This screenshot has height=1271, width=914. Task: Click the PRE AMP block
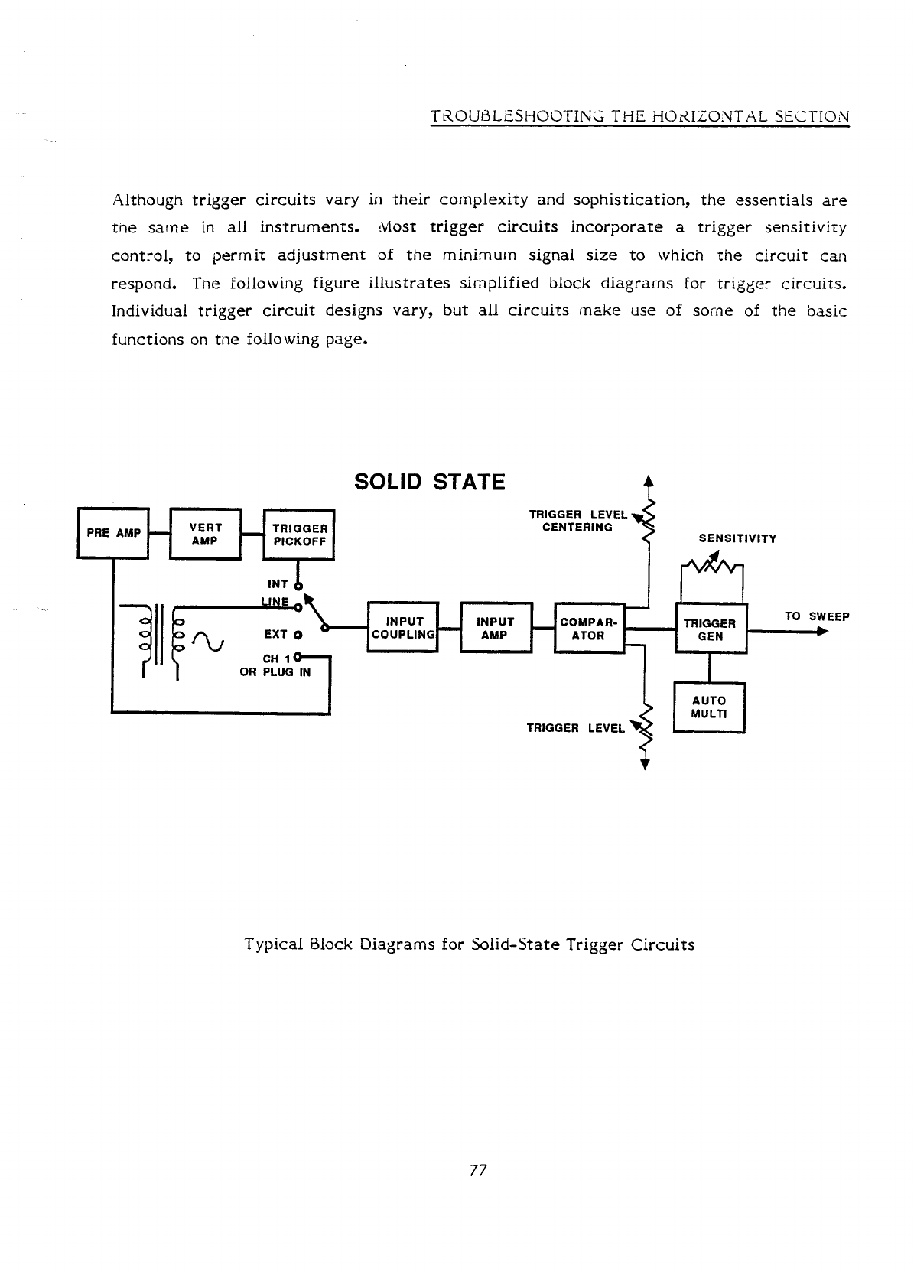tap(113, 533)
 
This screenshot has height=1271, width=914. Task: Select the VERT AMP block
tap(205, 534)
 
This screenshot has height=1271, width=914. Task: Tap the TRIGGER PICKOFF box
tap(299, 534)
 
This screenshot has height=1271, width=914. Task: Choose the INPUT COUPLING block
tap(402, 628)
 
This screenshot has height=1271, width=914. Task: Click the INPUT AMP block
tap(495, 628)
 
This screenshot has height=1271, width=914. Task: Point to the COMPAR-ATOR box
tap(588, 628)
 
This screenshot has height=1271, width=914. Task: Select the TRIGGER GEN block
tap(711, 629)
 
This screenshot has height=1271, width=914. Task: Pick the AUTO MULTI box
tap(709, 707)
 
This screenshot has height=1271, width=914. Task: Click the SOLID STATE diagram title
tap(430, 483)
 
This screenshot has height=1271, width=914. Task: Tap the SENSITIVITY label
tap(737, 538)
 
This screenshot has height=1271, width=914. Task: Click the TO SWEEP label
tap(817, 616)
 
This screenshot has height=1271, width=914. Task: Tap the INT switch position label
tap(277, 584)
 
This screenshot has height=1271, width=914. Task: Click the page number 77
tap(478, 1170)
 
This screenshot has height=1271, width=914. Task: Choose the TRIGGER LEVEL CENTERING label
tap(577, 521)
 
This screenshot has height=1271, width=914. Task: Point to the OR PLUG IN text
tap(275, 673)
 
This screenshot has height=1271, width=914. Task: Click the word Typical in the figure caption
tap(271, 944)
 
